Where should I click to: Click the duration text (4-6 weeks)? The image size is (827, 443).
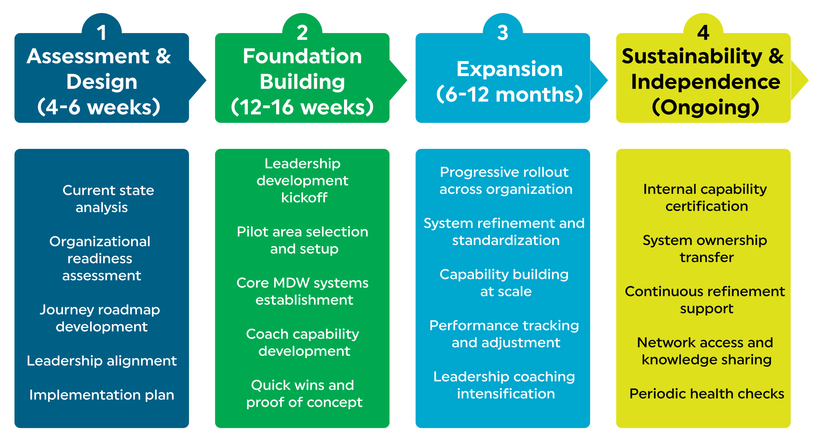(x=99, y=107)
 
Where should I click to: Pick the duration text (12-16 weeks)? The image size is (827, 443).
(x=302, y=107)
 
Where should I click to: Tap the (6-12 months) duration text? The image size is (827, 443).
(x=509, y=94)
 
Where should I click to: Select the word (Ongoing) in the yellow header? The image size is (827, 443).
(x=706, y=107)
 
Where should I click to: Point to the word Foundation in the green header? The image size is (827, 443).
(x=302, y=56)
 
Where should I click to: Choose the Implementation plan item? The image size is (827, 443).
(x=102, y=395)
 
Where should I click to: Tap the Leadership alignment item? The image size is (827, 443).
(x=102, y=361)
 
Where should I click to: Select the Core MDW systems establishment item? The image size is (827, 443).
(x=303, y=291)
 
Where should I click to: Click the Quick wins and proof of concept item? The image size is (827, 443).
(x=304, y=394)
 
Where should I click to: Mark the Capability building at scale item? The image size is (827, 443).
(x=504, y=283)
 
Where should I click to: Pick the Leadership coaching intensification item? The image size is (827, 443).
(x=505, y=385)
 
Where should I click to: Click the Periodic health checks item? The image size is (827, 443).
(x=707, y=394)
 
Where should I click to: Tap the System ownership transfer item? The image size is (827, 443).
(x=705, y=249)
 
